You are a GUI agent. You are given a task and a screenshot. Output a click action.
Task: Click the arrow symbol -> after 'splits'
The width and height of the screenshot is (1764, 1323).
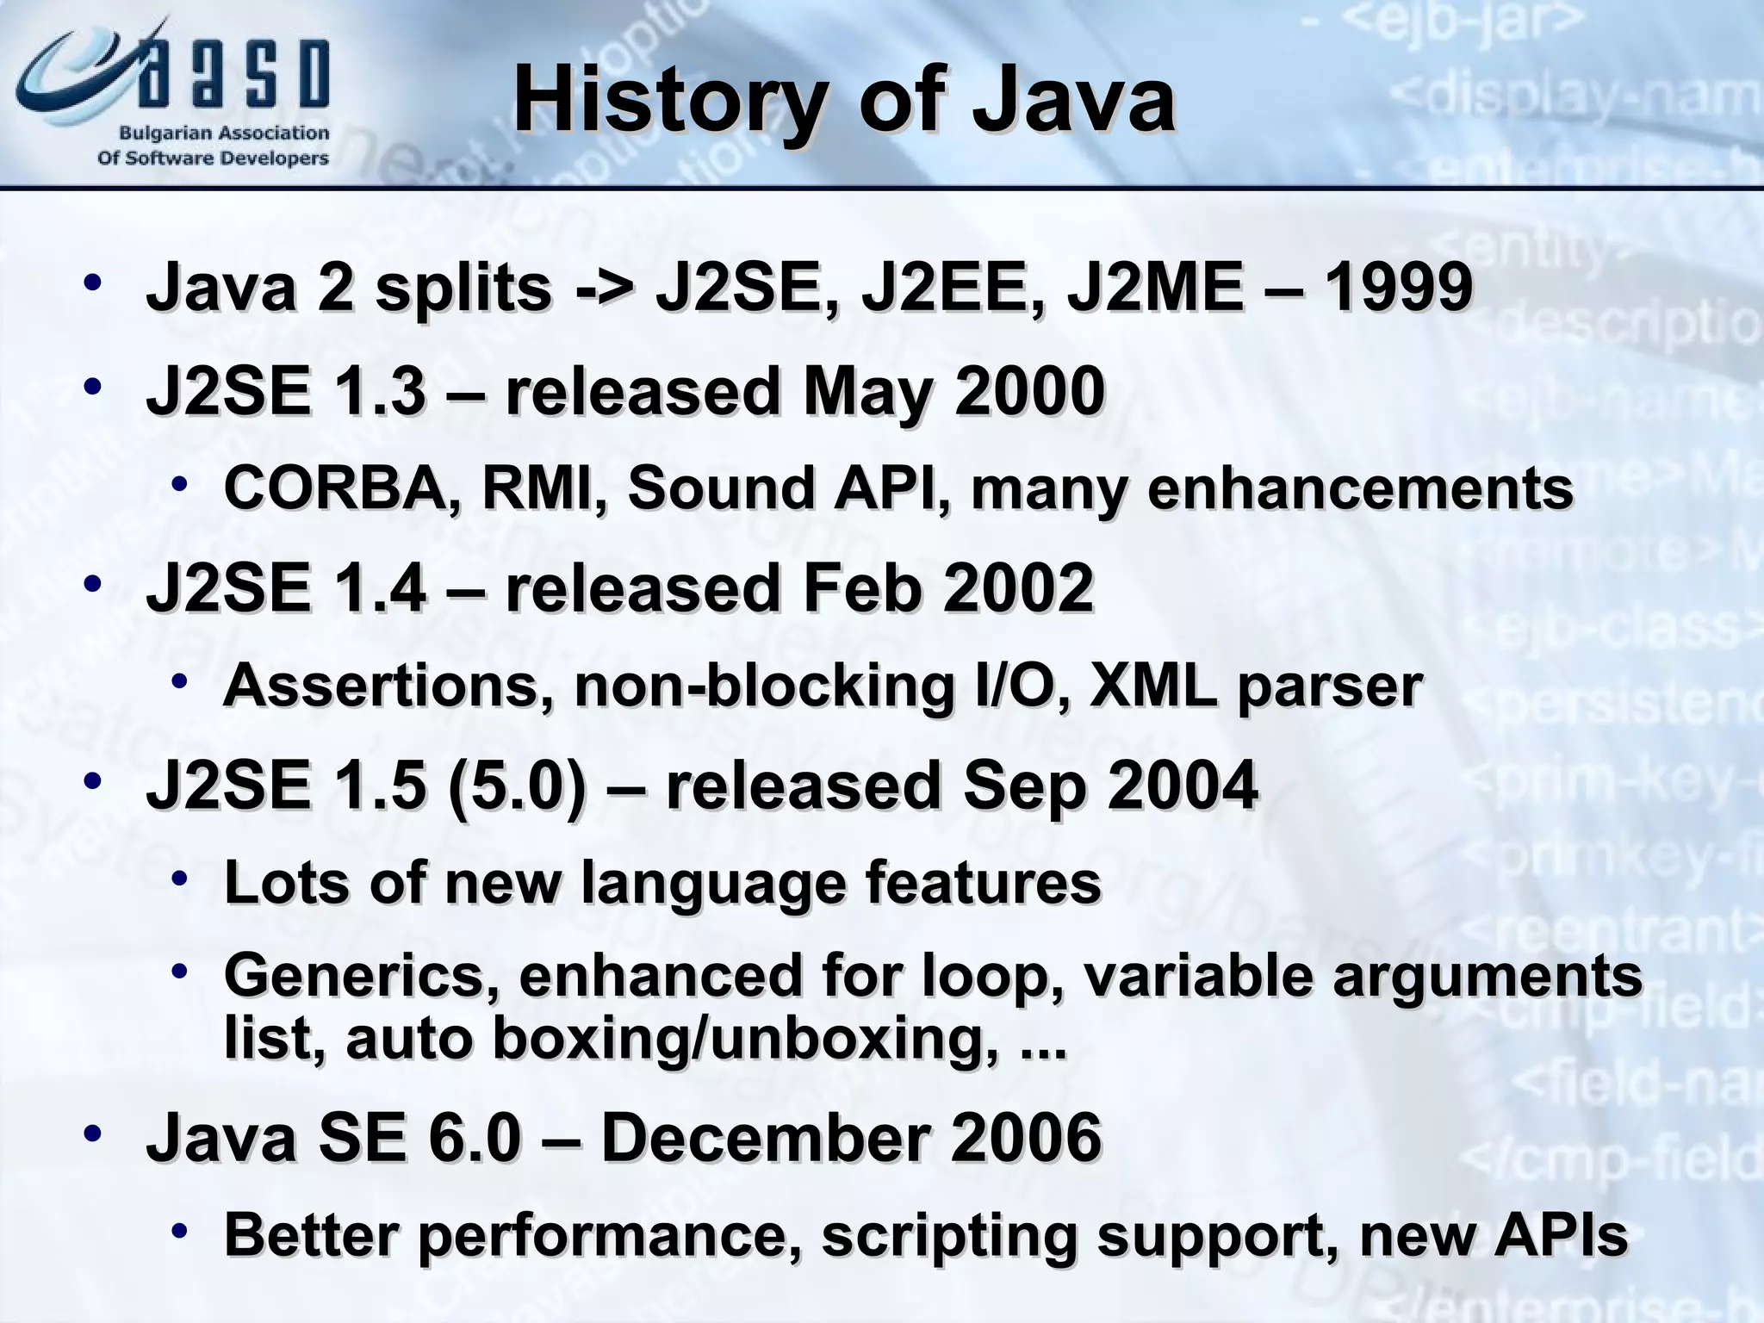click(604, 289)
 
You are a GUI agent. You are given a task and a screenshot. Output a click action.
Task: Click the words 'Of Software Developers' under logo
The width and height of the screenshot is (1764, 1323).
click(213, 158)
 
